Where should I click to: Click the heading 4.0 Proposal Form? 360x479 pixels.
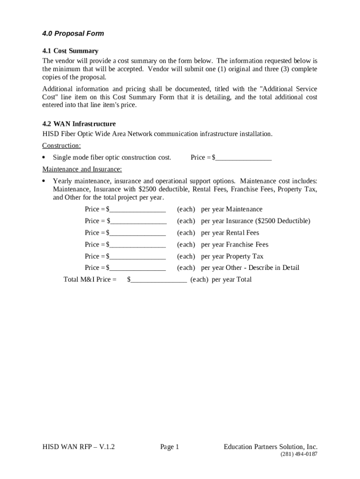[x=73, y=34]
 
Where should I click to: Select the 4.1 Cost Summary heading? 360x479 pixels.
[x=70, y=51]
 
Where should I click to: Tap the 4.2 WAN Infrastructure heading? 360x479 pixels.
[x=79, y=124]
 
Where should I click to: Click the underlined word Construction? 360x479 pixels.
[x=61, y=145]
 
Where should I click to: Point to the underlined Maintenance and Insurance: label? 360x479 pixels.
[x=82, y=169]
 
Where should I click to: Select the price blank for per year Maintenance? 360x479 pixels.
[x=138, y=210]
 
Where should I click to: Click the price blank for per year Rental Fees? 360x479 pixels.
[x=138, y=233]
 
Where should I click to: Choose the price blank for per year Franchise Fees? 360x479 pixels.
[x=138, y=245]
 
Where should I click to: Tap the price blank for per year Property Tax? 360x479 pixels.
[x=138, y=256]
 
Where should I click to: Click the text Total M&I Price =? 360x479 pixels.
[x=90, y=280]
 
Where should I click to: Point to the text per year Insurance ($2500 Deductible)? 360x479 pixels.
[x=255, y=221]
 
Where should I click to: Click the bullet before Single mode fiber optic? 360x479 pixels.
[x=44, y=157]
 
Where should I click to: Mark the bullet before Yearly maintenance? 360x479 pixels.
[x=44, y=181]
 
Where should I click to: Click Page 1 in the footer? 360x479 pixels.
[x=170, y=447]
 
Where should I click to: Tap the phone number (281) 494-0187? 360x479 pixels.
[x=299, y=455]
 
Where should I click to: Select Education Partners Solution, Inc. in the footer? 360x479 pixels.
[x=270, y=447]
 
